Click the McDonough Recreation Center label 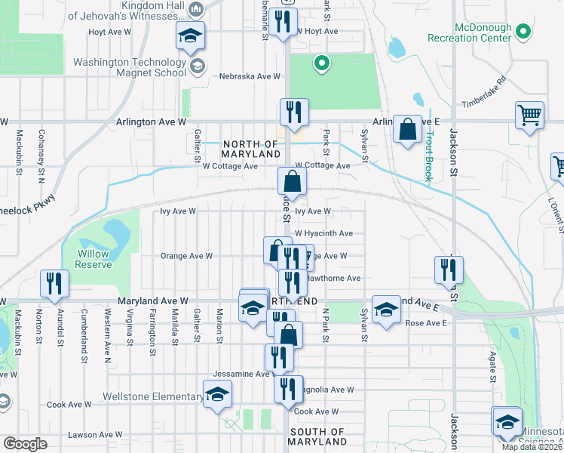pyautogui.click(x=468, y=32)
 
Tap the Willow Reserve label pyautogui.click(x=93, y=259)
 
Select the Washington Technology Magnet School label pyautogui.click(x=130, y=67)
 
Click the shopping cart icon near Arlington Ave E pyautogui.click(x=530, y=116)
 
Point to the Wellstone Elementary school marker pyautogui.click(x=217, y=394)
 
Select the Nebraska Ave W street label pyautogui.click(x=250, y=76)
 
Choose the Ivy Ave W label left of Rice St pyautogui.click(x=178, y=211)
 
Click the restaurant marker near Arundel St pyautogui.click(x=54, y=284)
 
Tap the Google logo pyautogui.click(x=25, y=444)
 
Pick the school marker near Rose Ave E pyautogui.click(x=386, y=309)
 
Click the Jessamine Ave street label pyautogui.click(x=241, y=374)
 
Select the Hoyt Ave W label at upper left pyautogui.click(x=110, y=32)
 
